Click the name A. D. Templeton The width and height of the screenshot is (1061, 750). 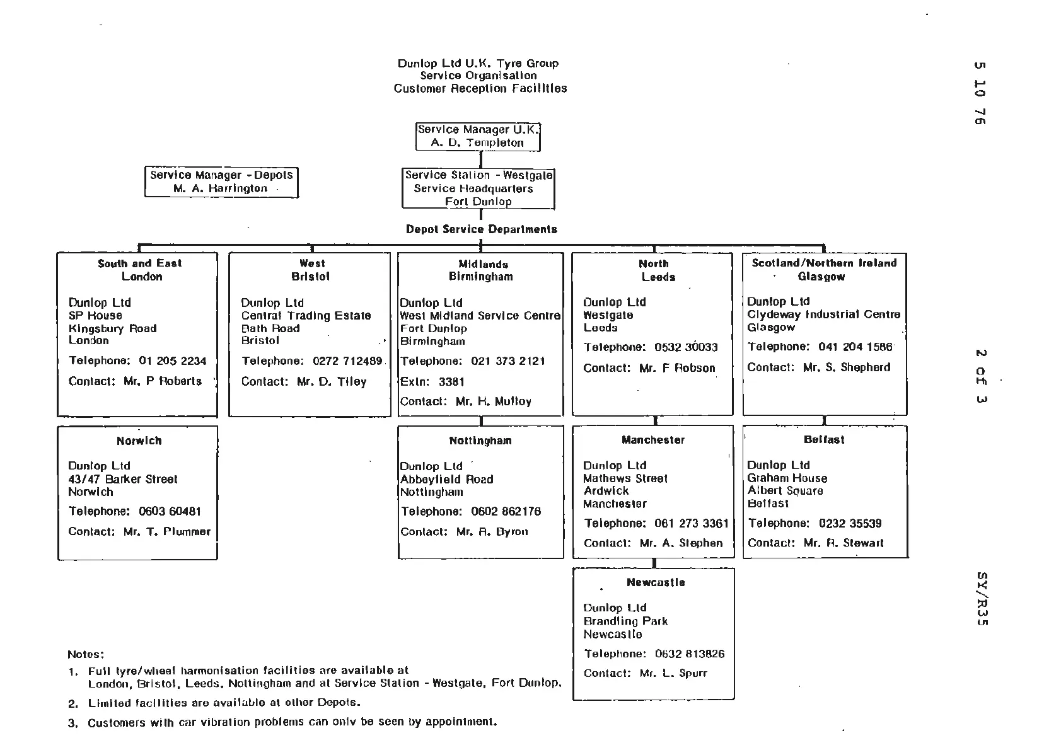(x=477, y=143)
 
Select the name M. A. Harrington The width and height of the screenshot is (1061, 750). (x=221, y=188)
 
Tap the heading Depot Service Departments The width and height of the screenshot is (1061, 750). (x=482, y=229)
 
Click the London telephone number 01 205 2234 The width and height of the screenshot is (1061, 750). (x=173, y=361)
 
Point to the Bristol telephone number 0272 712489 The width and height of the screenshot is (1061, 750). (x=347, y=361)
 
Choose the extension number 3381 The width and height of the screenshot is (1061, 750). (x=451, y=382)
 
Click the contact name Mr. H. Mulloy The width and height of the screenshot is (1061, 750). (x=494, y=401)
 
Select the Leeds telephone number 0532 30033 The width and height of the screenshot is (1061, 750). (x=686, y=347)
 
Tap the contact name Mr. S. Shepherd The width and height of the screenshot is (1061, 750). (x=847, y=367)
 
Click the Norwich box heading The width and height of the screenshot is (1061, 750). (x=139, y=441)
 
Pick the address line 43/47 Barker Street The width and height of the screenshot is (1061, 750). (x=123, y=480)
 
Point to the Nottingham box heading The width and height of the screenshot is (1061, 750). (x=480, y=441)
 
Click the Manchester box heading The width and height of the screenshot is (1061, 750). (x=653, y=440)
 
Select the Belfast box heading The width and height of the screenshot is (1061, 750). (x=824, y=440)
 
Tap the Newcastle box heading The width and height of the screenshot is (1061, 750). (x=656, y=582)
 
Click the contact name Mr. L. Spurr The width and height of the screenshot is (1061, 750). (x=673, y=673)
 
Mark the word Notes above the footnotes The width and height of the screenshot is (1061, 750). (x=86, y=654)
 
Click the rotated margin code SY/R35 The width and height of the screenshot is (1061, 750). (x=981, y=599)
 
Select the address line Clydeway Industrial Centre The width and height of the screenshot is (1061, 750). (x=823, y=314)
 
